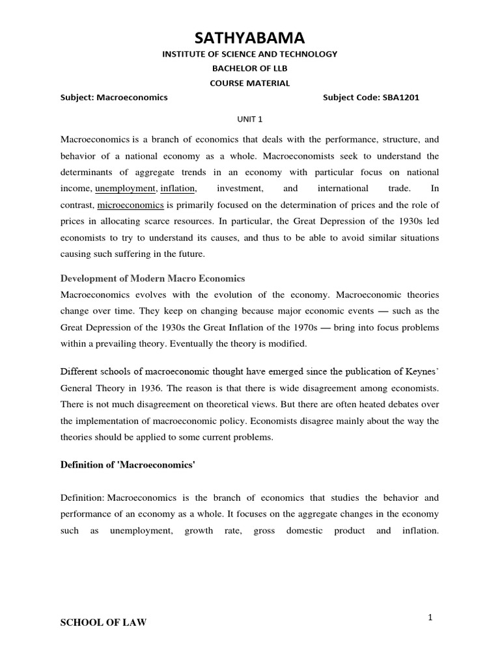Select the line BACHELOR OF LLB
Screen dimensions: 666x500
point(250,69)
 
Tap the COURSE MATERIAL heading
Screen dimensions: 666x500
point(250,83)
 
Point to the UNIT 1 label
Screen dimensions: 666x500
point(250,119)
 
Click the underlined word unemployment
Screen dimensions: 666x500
point(126,189)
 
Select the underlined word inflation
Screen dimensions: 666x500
point(176,189)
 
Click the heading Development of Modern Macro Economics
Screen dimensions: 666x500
point(152,278)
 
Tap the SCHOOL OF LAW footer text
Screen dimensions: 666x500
point(104,622)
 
